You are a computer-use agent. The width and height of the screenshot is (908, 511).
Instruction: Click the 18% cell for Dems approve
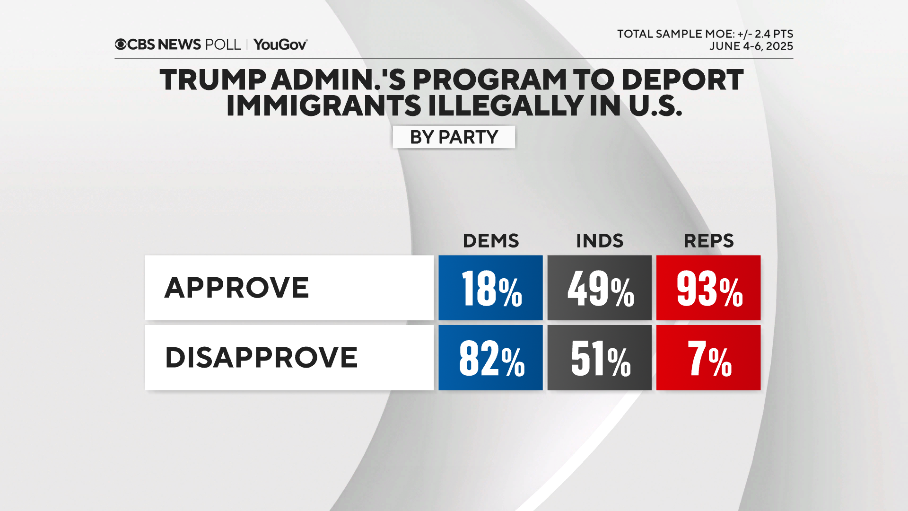490,288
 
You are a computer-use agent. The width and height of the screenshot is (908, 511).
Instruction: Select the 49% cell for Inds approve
599,288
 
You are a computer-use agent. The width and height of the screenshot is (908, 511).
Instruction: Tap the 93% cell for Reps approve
708,288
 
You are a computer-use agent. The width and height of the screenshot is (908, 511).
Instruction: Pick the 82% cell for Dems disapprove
490,358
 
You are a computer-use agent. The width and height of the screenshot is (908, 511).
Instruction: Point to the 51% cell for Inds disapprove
599,358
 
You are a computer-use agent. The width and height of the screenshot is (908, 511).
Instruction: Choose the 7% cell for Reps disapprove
708,358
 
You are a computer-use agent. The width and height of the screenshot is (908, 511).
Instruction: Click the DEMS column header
490,241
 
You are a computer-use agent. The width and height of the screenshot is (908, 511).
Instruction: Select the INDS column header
599,241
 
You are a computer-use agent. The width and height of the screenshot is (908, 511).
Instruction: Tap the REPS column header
708,241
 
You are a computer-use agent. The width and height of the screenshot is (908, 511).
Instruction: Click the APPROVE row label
236,288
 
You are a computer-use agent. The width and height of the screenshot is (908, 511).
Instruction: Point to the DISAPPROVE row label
261,358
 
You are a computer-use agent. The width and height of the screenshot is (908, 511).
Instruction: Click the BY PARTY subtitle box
454,137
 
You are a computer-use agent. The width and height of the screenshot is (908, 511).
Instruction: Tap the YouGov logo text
280,44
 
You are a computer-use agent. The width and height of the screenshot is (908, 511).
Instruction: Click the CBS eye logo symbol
121,44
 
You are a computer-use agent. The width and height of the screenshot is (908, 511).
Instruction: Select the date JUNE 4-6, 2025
751,46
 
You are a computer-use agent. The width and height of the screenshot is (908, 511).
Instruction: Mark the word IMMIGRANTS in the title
323,106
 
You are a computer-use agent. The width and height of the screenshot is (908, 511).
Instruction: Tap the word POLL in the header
223,44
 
